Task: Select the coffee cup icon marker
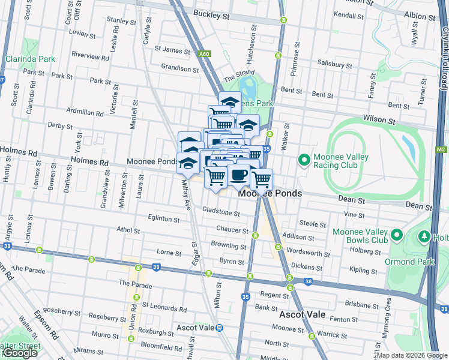(240, 175)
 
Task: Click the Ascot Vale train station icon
(220, 328)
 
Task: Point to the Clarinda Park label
(30, 59)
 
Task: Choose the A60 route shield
(222, 54)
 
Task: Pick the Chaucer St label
(233, 230)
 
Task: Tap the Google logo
(20, 353)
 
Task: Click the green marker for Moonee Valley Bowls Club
(396, 235)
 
